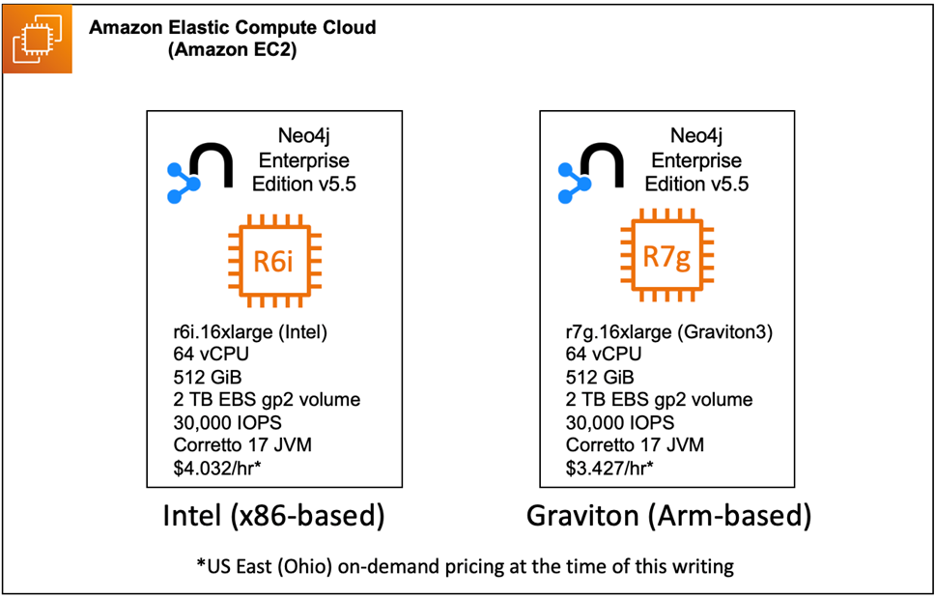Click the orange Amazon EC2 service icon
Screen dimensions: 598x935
pyautogui.click(x=37, y=38)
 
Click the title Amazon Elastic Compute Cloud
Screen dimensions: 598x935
pyautogui.click(x=232, y=27)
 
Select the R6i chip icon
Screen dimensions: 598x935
pyautogui.click(x=273, y=261)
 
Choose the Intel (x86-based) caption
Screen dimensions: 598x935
pyautogui.click(x=272, y=516)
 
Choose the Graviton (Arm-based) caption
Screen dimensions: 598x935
pyautogui.click(x=667, y=516)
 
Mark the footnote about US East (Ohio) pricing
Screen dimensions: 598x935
pyautogui.click(x=467, y=564)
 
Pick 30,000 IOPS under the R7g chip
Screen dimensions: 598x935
pyautogui.click(x=620, y=422)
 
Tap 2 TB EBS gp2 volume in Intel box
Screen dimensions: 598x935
pyautogui.click(x=267, y=399)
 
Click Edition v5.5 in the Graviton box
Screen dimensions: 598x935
pyautogui.click(x=696, y=184)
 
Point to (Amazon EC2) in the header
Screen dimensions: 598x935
pyautogui.click(x=232, y=50)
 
